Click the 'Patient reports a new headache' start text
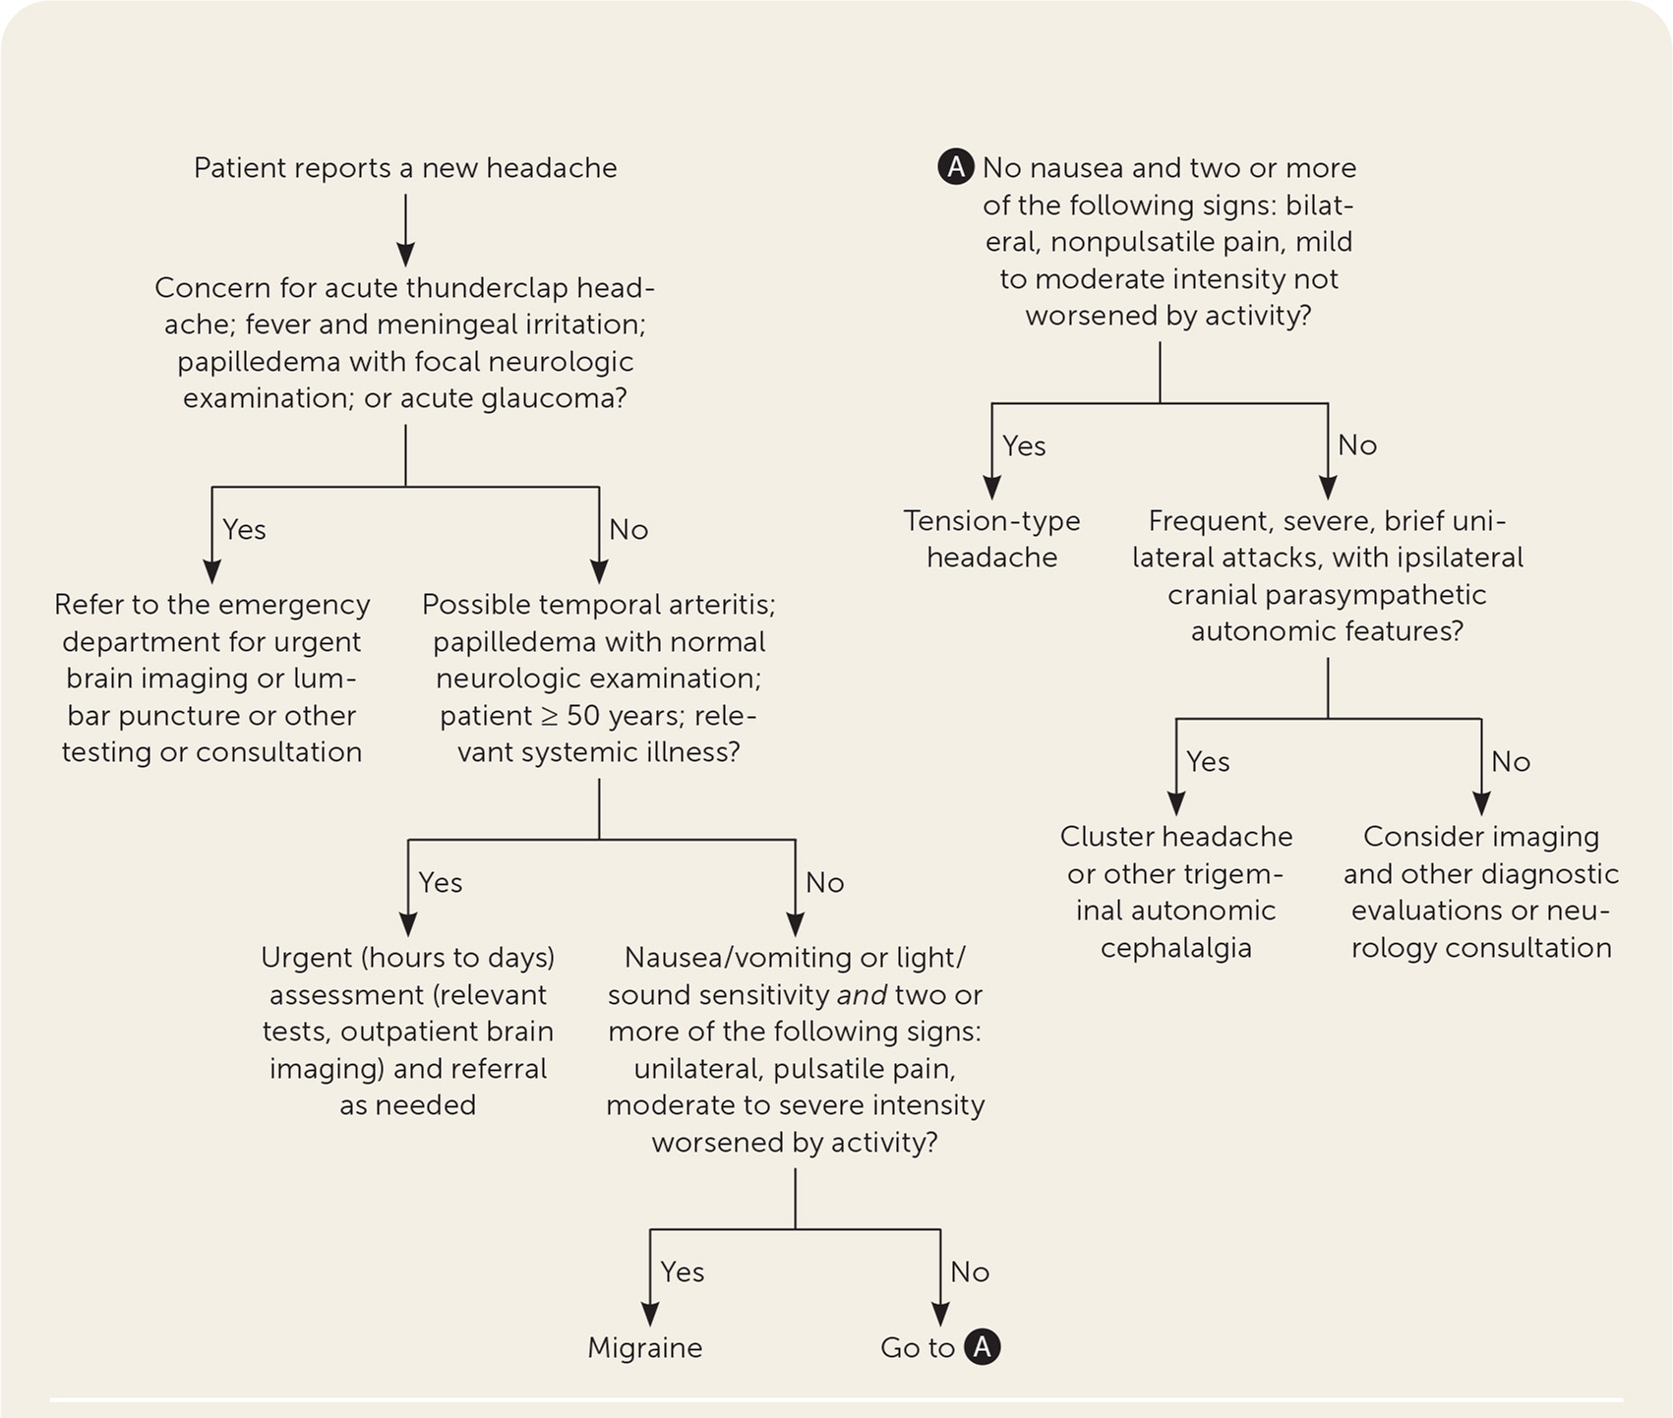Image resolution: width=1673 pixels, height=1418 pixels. click(x=405, y=168)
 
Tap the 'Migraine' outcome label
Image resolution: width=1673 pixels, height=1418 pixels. click(x=645, y=1347)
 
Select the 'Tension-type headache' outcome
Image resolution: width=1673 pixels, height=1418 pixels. click(x=991, y=539)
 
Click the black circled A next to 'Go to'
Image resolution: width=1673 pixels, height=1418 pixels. click(x=982, y=1347)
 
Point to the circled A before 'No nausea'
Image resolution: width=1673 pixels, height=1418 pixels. click(x=956, y=168)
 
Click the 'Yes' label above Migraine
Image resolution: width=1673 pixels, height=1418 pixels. click(x=683, y=1272)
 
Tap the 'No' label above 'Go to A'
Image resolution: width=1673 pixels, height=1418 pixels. click(x=970, y=1272)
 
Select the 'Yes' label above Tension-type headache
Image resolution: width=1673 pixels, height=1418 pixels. click(x=1024, y=446)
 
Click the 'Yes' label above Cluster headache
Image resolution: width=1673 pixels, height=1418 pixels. click(x=1208, y=762)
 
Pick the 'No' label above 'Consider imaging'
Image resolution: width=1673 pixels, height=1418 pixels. click(x=1511, y=762)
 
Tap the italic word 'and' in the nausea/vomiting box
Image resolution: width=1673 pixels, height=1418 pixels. click(x=858, y=995)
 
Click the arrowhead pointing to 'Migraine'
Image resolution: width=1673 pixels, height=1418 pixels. click(x=649, y=1315)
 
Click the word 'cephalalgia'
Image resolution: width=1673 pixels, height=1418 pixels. click(x=1175, y=948)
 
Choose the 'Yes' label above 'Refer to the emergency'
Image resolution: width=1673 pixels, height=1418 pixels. click(x=244, y=530)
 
